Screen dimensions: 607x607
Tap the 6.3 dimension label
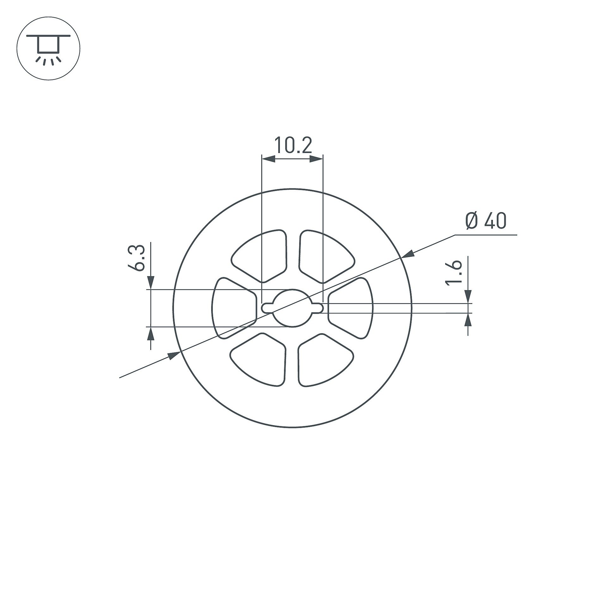pos(137,257)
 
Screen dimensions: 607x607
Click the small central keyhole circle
pos(292,308)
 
